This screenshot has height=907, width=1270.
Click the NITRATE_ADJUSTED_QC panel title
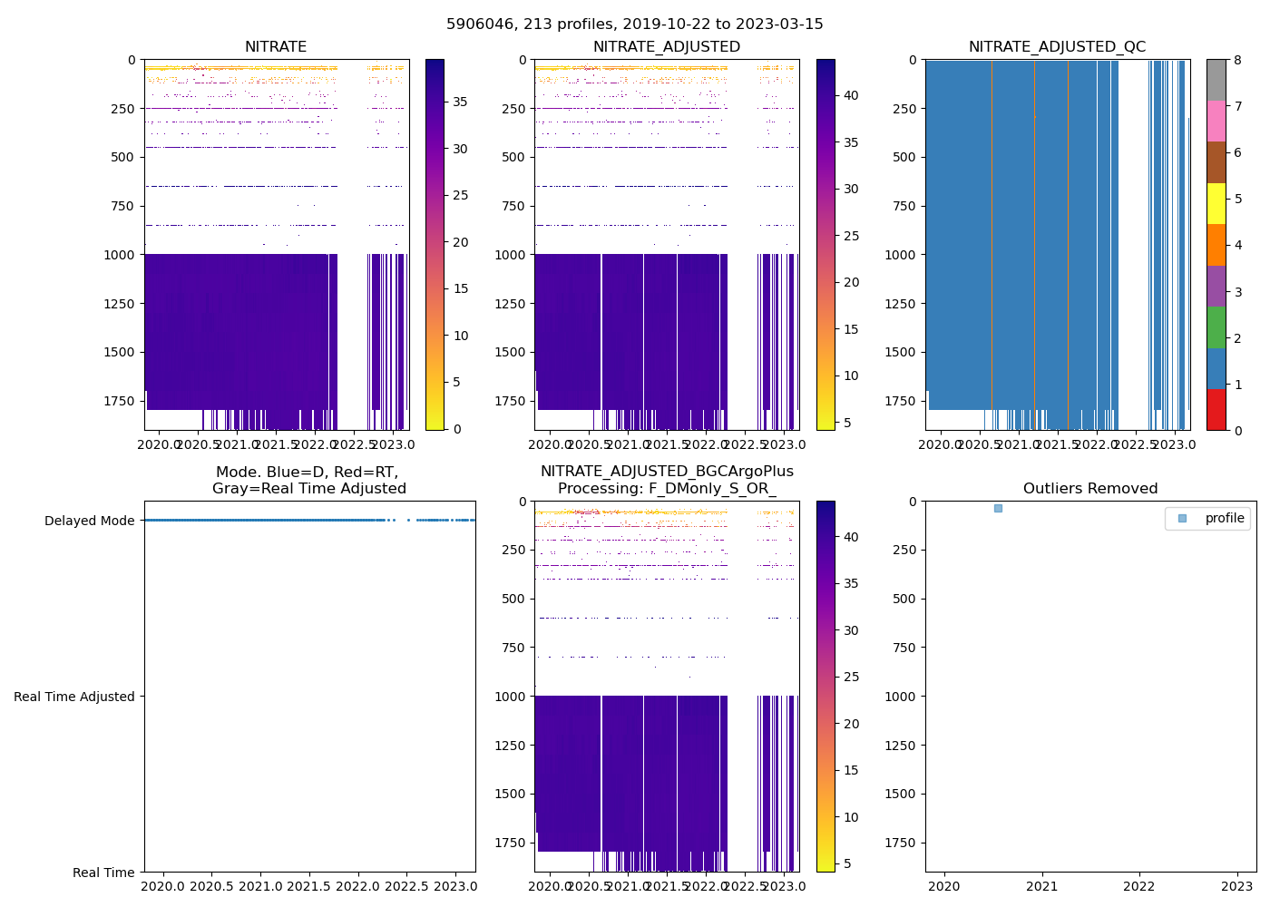point(1057,47)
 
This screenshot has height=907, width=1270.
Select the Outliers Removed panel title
point(1090,489)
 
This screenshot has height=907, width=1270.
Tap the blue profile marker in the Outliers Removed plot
point(998,508)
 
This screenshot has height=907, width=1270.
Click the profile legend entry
point(1224,518)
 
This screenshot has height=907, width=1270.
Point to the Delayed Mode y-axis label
point(89,521)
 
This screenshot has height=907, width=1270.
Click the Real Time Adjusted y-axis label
point(73,697)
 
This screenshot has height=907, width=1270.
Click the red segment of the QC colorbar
point(1216,410)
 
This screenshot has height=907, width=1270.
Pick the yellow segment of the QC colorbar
point(1216,204)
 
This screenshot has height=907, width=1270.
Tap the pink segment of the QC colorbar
point(1216,122)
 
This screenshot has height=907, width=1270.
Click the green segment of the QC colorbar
point(1216,327)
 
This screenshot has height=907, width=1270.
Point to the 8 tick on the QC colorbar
point(1238,60)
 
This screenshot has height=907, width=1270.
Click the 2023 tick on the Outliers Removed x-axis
point(1237,886)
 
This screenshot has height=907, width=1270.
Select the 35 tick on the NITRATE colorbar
point(461,102)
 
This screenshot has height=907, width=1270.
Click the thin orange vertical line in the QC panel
point(1034,245)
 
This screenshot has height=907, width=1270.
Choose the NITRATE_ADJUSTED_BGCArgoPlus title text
point(667,472)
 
